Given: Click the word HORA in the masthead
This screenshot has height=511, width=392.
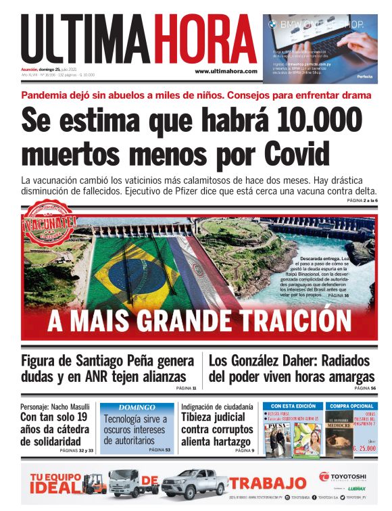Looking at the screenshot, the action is click(203, 39).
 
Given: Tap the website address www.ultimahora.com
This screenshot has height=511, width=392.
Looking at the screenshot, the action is click(226, 71).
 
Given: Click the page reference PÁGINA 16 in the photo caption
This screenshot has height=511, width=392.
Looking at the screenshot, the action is click(338, 295).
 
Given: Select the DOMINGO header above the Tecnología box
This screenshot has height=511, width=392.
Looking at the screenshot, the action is click(137, 408).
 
